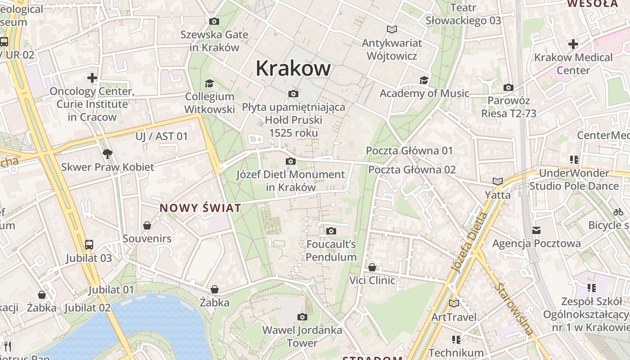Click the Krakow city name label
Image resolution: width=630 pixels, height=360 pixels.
[293, 68]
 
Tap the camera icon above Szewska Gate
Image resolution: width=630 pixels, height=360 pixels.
[214, 21]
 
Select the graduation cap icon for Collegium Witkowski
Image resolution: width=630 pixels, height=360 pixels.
[209, 83]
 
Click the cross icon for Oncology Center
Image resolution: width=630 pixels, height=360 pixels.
[92, 78]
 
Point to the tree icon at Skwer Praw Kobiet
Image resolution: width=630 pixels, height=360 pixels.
[107, 154]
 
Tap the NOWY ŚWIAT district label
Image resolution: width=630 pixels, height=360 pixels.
[200, 208]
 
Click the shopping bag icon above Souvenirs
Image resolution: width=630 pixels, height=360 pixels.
[147, 225]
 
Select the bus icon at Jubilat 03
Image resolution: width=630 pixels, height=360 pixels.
[89, 245]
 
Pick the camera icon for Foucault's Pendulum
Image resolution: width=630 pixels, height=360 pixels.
[331, 231]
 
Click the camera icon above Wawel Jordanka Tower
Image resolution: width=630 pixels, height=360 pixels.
[302, 317]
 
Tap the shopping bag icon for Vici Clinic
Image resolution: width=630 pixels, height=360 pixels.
[372, 267]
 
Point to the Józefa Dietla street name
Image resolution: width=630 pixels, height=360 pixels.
[470, 243]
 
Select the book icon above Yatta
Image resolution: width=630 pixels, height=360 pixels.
[497, 181]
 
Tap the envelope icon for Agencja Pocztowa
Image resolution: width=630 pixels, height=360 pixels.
[536, 230]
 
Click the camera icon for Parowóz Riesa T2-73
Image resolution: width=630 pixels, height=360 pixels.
[508, 87]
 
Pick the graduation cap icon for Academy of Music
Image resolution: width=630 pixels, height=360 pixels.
[424, 80]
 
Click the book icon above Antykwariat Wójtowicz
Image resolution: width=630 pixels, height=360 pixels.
[392, 30]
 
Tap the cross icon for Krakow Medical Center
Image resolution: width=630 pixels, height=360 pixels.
[573, 44]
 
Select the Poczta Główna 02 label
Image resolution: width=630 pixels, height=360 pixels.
[412, 170]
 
